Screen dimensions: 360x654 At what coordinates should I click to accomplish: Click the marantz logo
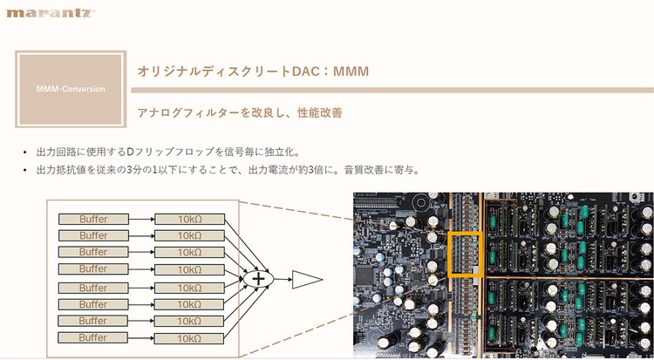click(x=51, y=13)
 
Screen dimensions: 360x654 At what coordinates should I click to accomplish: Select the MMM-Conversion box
click(x=72, y=89)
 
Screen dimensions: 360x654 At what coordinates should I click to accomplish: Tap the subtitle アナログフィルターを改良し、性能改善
click(x=240, y=113)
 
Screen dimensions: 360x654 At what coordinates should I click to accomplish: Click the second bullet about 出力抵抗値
click(x=228, y=169)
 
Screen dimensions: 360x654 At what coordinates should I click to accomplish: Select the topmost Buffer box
click(x=93, y=219)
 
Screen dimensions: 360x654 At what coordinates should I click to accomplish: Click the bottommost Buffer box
click(x=93, y=337)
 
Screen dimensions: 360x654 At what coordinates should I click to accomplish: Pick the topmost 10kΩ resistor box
click(x=189, y=219)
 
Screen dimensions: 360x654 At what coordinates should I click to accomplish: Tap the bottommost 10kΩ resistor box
click(x=189, y=337)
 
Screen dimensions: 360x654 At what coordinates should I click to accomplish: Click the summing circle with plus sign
click(x=257, y=278)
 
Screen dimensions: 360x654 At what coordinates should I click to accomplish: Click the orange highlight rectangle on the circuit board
click(x=465, y=255)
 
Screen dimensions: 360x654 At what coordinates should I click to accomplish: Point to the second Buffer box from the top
click(x=93, y=235)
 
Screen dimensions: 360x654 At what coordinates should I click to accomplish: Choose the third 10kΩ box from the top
click(x=189, y=252)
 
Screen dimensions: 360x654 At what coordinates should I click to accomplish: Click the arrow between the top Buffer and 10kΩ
click(x=141, y=219)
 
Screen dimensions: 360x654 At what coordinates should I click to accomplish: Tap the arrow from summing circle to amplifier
click(x=281, y=278)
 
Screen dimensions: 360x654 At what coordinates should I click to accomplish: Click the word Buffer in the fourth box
click(x=93, y=268)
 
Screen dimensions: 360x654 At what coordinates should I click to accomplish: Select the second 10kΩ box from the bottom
click(x=189, y=321)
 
